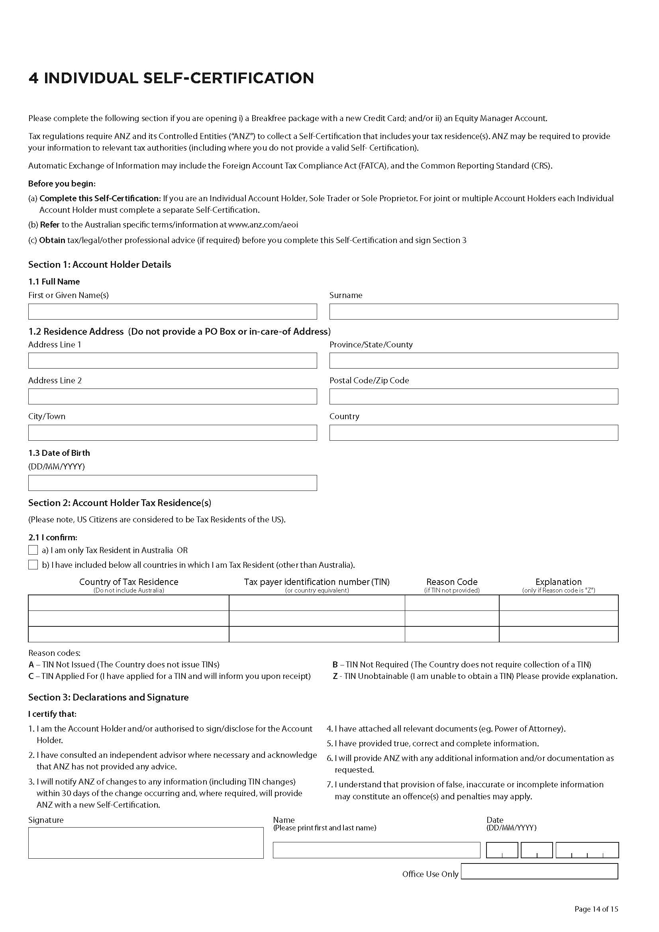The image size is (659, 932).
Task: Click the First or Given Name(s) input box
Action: [173, 311]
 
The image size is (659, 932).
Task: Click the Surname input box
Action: [474, 311]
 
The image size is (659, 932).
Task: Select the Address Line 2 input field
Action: [173, 396]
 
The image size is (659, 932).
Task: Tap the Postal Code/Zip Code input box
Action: [474, 396]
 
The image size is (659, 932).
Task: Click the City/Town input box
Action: [173, 432]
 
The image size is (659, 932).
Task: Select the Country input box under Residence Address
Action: [474, 432]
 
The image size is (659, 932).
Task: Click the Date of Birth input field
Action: [173, 483]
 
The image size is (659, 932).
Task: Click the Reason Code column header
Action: [452, 582]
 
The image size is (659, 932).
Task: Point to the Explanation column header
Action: [558, 582]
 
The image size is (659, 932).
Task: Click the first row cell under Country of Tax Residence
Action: [128, 602]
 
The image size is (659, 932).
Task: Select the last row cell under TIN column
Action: [316, 634]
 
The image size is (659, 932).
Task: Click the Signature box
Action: [146, 843]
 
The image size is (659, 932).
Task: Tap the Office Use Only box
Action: [539, 871]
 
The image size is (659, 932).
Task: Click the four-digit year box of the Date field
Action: [587, 850]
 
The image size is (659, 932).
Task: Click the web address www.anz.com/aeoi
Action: [263, 224]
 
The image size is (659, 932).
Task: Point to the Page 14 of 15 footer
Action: [596, 909]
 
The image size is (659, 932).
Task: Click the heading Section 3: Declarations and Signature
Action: [108, 697]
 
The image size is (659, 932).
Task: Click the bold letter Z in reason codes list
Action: [335, 676]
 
